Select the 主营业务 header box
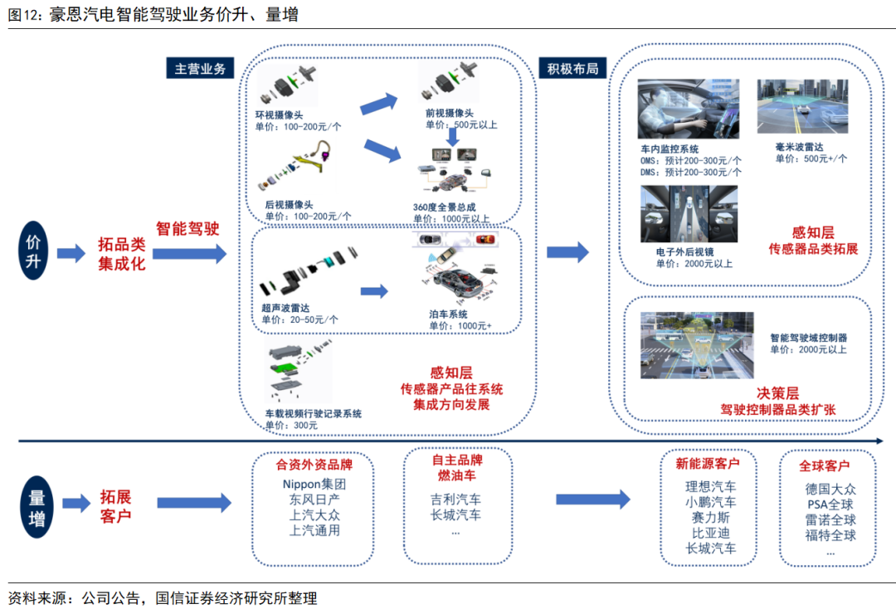(200, 69)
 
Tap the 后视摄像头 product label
(289, 205)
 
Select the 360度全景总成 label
(445, 207)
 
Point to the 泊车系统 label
(448, 314)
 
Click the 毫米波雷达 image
(802, 107)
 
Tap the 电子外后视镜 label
(684, 252)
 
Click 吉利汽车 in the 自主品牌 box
(455, 499)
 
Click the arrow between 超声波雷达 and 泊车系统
(375, 291)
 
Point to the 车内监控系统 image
(688, 109)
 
